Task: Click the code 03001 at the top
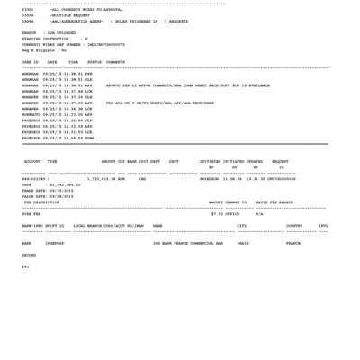(27, 10)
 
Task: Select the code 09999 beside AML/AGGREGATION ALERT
(27, 21)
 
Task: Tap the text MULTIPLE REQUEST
(71, 15)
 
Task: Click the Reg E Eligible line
(44, 50)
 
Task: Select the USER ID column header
(30, 63)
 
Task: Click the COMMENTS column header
(115, 63)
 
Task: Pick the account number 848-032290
(35, 179)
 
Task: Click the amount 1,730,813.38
(106, 179)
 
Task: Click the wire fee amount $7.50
(217, 214)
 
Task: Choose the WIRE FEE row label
(31, 214)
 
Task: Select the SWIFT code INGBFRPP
(55, 243)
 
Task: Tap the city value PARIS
(243, 243)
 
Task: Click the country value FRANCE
(293, 243)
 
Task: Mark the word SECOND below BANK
(29, 255)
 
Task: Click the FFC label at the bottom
(25, 266)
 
